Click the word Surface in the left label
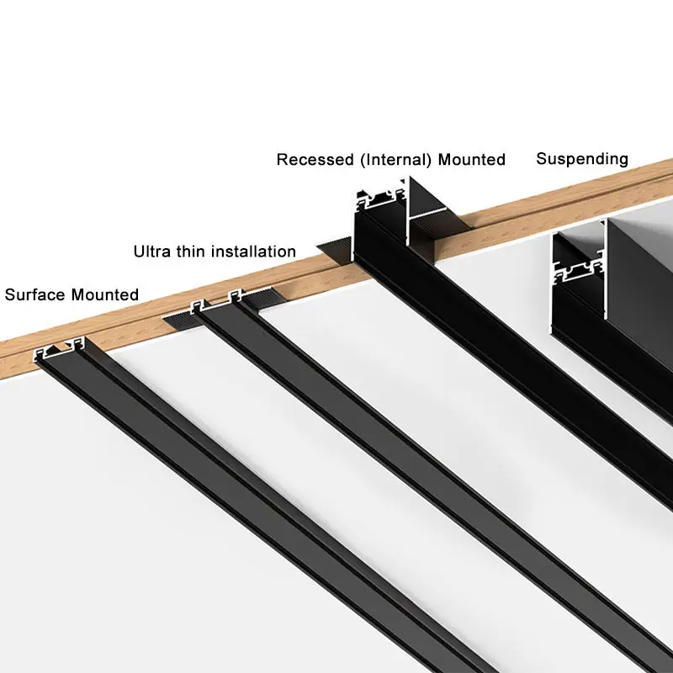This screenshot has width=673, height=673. pyautogui.click(x=35, y=295)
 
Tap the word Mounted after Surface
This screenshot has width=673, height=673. pyautogui.click(x=105, y=295)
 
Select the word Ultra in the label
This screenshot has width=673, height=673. pyautogui.click(x=154, y=252)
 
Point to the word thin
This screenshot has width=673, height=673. pyautogui.click(x=192, y=252)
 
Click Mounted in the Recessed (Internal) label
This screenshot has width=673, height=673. pyautogui.click(x=471, y=160)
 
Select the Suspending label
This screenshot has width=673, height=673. pyautogui.click(x=582, y=158)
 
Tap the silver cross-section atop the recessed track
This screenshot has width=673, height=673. pyautogui.click(x=380, y=199)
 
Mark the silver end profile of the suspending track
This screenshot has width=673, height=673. pyautogui.click(x=579, y=262)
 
